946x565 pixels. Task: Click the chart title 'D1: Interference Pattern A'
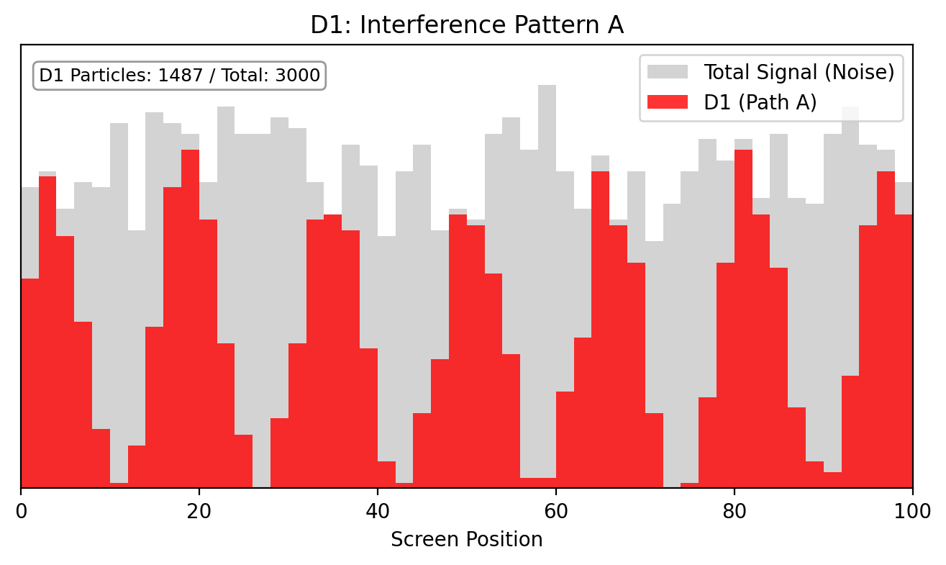pos(467,25)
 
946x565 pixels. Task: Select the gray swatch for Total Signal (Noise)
pos(668,72)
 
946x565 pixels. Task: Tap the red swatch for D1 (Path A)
pos(668,102)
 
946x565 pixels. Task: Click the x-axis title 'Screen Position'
pos(467,539)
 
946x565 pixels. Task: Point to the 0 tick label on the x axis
pos(21,506)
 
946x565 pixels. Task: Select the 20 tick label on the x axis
pos(199,506)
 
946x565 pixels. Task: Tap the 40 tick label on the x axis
pos(378,506)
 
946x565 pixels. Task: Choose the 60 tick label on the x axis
pos(556,506)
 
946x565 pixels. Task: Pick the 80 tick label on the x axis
pos(734,506)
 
